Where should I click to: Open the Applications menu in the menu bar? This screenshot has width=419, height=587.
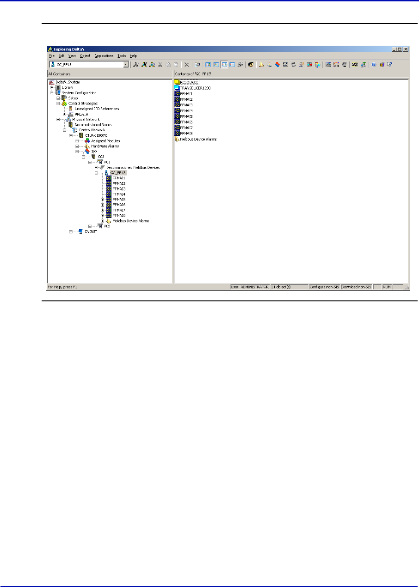click(104, 55)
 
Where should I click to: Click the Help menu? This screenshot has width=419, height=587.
click(133, 55)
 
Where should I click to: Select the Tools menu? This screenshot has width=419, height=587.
click(122, 55)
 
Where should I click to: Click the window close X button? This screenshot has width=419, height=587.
click(406, 49)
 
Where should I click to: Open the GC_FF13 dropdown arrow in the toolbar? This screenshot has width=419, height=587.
click(126, 65)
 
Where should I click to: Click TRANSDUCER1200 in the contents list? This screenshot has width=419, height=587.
click(195, 88)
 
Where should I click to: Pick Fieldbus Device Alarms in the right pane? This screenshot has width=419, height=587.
click(197, 139)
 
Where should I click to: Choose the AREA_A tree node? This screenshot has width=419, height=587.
click(81, 114)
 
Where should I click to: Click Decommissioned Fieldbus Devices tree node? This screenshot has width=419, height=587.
click(133, 167)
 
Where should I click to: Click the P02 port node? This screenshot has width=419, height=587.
click(107, 226)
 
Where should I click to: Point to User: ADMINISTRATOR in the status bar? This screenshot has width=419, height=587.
click(250, 287)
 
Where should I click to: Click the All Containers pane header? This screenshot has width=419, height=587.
click(110, 73)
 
